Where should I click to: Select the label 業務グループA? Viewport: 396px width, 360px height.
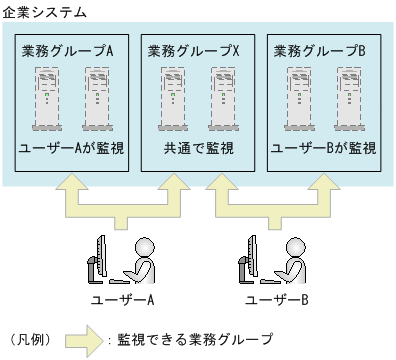point(65,50)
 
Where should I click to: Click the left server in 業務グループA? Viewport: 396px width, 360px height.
point(47,98)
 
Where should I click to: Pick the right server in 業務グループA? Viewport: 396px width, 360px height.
point(97,98)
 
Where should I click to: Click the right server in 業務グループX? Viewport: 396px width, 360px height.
point(224,98)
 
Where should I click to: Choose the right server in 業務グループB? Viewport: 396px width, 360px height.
point(350,98)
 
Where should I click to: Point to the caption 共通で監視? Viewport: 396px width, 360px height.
point(198,149)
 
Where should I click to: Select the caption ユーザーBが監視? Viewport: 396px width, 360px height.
point(324,149)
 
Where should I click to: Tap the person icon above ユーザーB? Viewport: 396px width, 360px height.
point(270,260)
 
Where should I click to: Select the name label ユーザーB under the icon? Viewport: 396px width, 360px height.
point(276,299)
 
